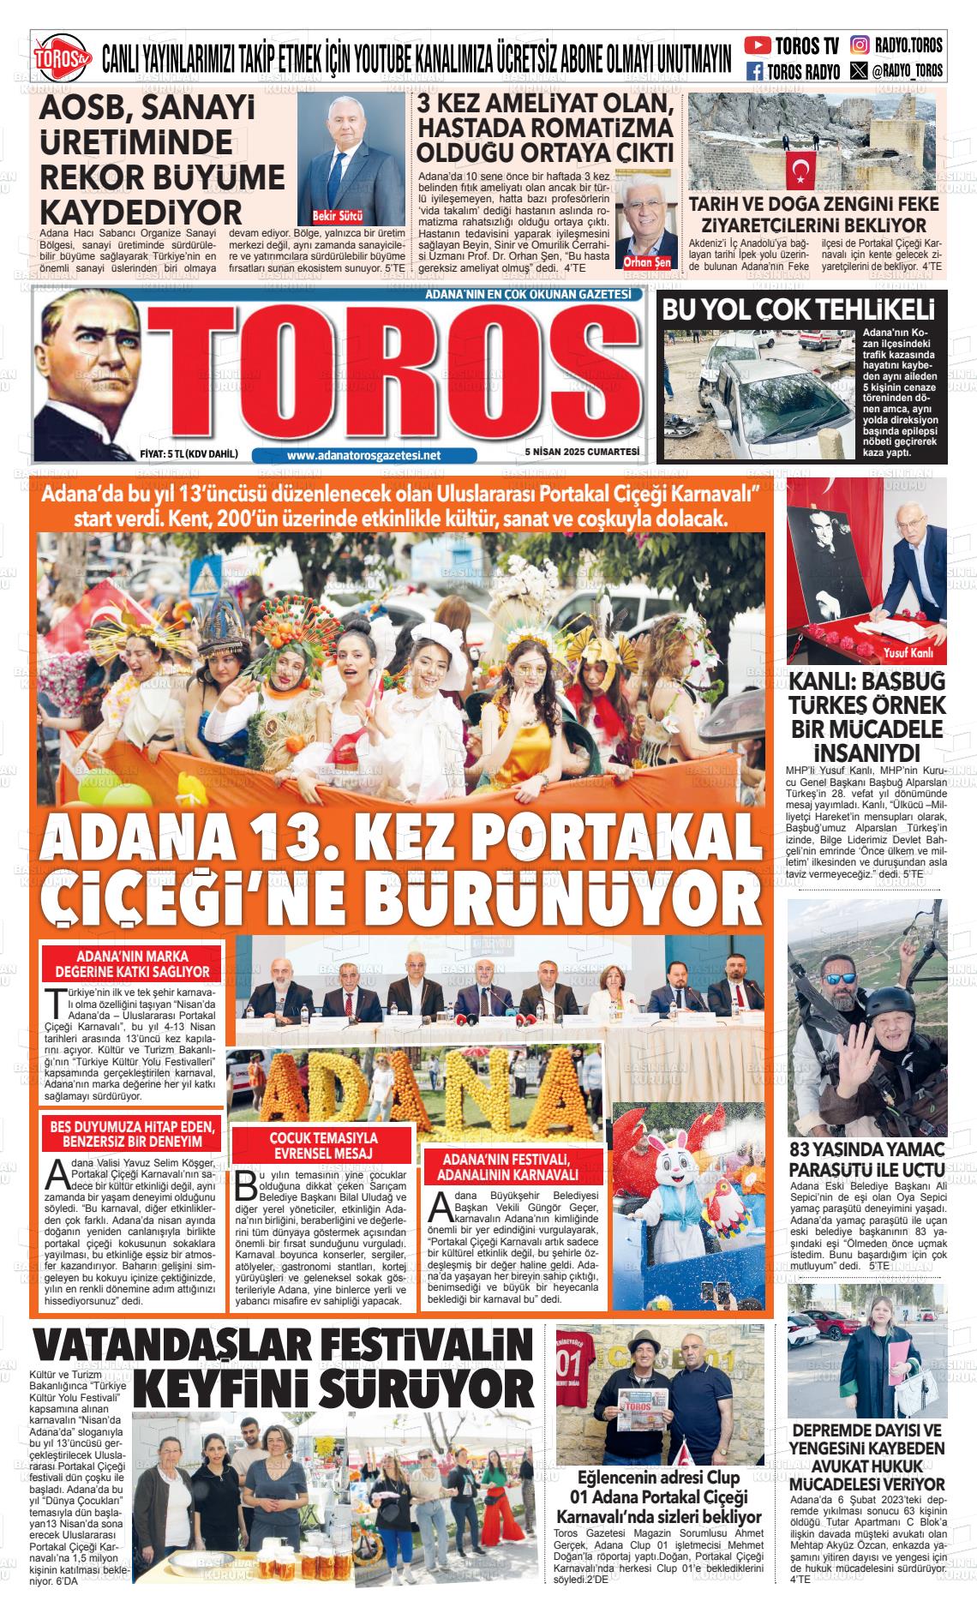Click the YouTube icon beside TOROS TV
pos(757,45)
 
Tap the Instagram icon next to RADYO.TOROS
pos(859,45)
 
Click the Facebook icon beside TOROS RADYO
pos(755,71)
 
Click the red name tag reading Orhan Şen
pos(648,262)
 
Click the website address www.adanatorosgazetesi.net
pos(363,456)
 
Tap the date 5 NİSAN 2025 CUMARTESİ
pos(583,453)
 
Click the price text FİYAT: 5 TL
pos(188,454)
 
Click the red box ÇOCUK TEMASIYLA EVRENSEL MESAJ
pos(323,1145)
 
